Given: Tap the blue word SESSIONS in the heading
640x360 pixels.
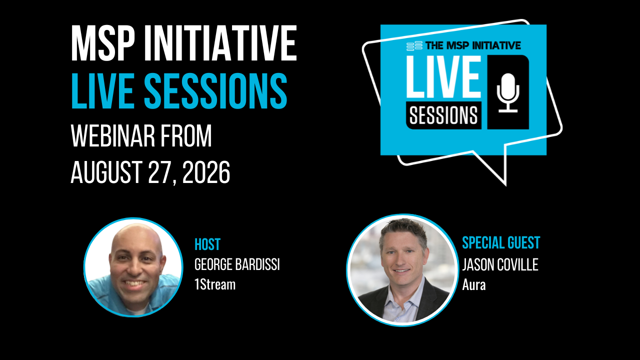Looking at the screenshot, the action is tap(215, 91).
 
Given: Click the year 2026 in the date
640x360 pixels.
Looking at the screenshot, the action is tap(206, 172).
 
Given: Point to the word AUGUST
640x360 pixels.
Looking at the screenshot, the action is tap(106, 172).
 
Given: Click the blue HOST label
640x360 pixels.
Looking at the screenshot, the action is tap(207, 244).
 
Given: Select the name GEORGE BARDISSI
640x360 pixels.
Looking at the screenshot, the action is tap(237, 264).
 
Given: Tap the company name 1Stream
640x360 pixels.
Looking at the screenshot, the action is tap(215, 284).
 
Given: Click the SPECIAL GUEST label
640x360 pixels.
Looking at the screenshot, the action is tap(501, 242).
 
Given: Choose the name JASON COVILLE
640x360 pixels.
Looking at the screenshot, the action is tap(500, 264).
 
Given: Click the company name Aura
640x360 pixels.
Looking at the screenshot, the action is tap(474, 285).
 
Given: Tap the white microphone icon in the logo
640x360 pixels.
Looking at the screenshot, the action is tap(508, 92).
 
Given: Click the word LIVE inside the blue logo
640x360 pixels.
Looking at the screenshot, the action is tap(443, 77).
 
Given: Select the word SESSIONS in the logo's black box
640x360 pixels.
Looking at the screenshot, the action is tap(443, 115).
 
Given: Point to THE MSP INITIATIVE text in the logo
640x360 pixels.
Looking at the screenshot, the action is tap(473, 45).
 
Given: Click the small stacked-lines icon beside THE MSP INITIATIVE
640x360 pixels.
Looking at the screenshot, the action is tap(414, 46).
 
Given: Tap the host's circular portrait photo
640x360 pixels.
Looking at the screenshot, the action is tap(133, 267).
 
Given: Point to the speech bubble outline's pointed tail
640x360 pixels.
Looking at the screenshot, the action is tap(505, 185).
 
